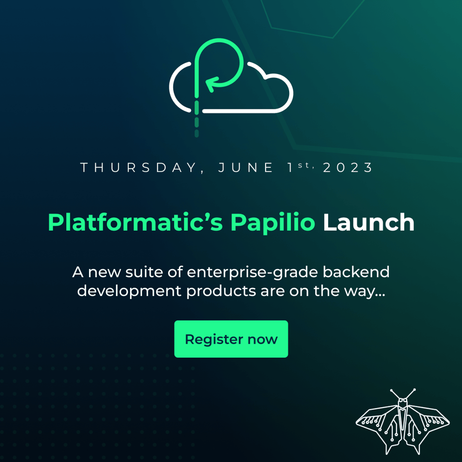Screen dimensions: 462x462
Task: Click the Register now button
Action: [231, 339]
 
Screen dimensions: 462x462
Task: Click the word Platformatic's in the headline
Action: [136, 223]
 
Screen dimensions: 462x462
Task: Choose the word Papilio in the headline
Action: [272, 223]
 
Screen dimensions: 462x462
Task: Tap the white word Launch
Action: [368, 223]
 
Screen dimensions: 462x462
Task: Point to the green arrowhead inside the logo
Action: [210, 85]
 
